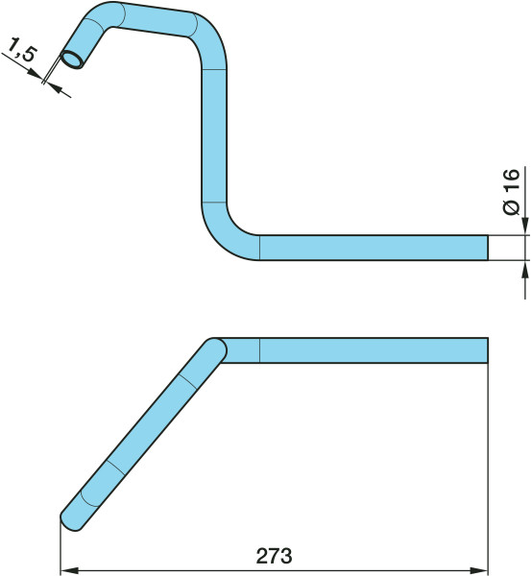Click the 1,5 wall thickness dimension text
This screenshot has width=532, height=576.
coord(21,49)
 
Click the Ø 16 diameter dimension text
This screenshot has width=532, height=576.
coord(511,192)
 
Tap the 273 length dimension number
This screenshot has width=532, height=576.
coord(274,556)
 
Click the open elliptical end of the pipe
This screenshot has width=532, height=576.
coord(72,60)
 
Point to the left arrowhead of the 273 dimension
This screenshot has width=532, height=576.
coord(69,571)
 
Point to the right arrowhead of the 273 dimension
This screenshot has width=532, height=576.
coord(478,571)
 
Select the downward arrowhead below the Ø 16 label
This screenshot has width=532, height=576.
coord(525,226)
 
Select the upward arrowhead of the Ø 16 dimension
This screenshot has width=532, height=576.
coord(525,270)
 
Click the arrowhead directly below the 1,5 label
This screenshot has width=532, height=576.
coord(36,73)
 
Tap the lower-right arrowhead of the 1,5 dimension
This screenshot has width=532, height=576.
coord(55,87)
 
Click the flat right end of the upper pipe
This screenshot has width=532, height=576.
coord(488,248)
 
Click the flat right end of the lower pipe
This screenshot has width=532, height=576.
coord(488,350)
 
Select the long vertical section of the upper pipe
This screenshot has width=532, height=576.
coord(214,135)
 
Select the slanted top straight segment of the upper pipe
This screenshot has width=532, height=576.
coord(157,19)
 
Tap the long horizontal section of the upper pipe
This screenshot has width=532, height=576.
coord(374,248)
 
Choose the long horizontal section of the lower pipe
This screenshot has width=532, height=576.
coord(374,350)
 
